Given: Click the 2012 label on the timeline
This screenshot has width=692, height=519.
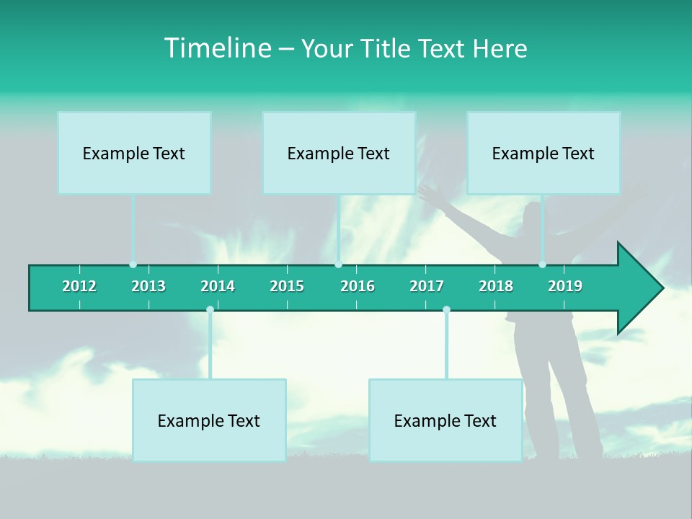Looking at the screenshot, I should click(79, 286).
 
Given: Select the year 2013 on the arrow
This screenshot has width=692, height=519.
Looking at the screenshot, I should click(148, 286).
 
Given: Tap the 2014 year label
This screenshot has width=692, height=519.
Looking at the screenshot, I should click(218, 286).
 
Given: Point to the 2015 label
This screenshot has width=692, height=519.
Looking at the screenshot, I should click(287, 286).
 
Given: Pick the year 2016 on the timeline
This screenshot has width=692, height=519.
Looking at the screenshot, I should click(358, 286).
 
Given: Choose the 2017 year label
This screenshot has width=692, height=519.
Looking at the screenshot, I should click(427, 286).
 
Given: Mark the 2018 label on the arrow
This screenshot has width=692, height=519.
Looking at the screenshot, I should click(496, 286).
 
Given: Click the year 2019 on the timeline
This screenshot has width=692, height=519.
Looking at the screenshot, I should click(565, 286).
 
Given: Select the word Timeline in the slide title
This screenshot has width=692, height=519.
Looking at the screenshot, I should click(217, 48).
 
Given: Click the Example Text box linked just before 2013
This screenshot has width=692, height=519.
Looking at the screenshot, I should click(134, 153).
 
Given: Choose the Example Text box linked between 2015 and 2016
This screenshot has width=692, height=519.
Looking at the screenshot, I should click(339, 153).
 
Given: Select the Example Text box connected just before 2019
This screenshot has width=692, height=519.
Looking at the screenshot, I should click(544, 153).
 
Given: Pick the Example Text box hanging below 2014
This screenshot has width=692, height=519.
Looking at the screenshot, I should click(209, 420).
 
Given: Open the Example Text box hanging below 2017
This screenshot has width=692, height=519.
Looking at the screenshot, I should click(445, 420).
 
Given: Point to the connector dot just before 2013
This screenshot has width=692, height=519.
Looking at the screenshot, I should click(133, 265).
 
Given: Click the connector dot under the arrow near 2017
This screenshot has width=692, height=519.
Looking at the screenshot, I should click(446, 310).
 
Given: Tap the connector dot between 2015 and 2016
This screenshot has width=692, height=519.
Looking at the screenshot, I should click(339, 265).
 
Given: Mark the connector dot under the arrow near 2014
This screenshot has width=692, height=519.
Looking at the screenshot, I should click(210, 310).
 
